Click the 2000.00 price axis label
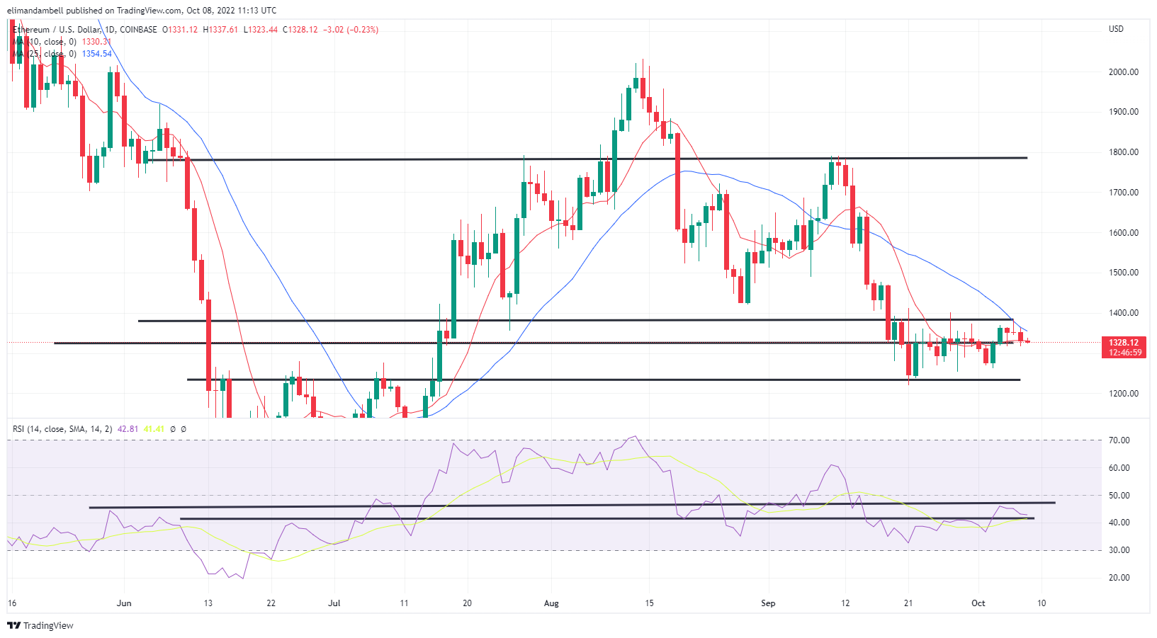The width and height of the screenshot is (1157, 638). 1123,72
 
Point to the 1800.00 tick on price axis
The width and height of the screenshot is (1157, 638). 1123,152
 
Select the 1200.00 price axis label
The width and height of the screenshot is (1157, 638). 1123,394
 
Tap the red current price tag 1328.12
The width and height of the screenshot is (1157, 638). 1124,343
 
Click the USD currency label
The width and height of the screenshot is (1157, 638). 1116,29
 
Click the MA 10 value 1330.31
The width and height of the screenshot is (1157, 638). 96,42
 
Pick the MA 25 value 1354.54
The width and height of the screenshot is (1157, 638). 97,54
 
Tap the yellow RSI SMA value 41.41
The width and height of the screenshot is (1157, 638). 154,429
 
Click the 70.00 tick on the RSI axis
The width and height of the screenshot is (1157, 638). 1119,440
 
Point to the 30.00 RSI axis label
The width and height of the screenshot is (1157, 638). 1119,550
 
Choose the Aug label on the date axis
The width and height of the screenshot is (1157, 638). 551,603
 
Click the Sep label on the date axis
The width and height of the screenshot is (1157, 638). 768,603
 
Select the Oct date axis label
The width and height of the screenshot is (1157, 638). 978,603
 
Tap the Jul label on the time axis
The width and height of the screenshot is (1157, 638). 334,603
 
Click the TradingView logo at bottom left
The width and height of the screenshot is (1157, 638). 40,625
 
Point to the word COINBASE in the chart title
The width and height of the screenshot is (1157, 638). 138,30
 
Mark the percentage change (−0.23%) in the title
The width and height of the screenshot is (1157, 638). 362,30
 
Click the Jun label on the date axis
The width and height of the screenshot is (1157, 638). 124,603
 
